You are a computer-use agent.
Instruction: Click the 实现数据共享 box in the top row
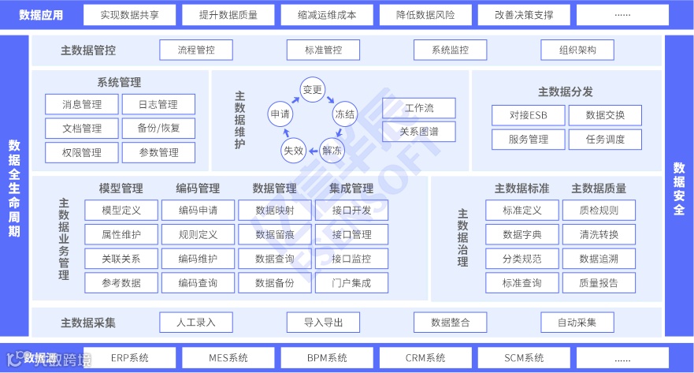tap(130, 15)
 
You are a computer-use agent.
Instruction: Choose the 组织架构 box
tap(578, 50)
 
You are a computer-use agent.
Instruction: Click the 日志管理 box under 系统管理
tap(158, 104)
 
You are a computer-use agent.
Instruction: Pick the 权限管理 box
tap(82, 152)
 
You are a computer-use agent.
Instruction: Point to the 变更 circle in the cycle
tap(313, 90)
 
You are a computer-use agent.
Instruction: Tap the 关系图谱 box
tap(419, 132)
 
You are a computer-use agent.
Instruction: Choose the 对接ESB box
tap(528, 116)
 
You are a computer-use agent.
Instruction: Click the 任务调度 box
tap(605, 140)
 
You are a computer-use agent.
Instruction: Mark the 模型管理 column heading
tap(121, 188)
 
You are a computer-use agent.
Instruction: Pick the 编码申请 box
tap(198, 211)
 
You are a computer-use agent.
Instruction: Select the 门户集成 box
tap(351, 282)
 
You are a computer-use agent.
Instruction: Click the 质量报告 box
tap(599, 282)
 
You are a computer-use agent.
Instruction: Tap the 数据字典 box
tap(522, 234)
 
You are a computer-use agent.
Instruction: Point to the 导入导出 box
tap(323, 322)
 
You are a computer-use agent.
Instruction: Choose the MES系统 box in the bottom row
tap(228, 358)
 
